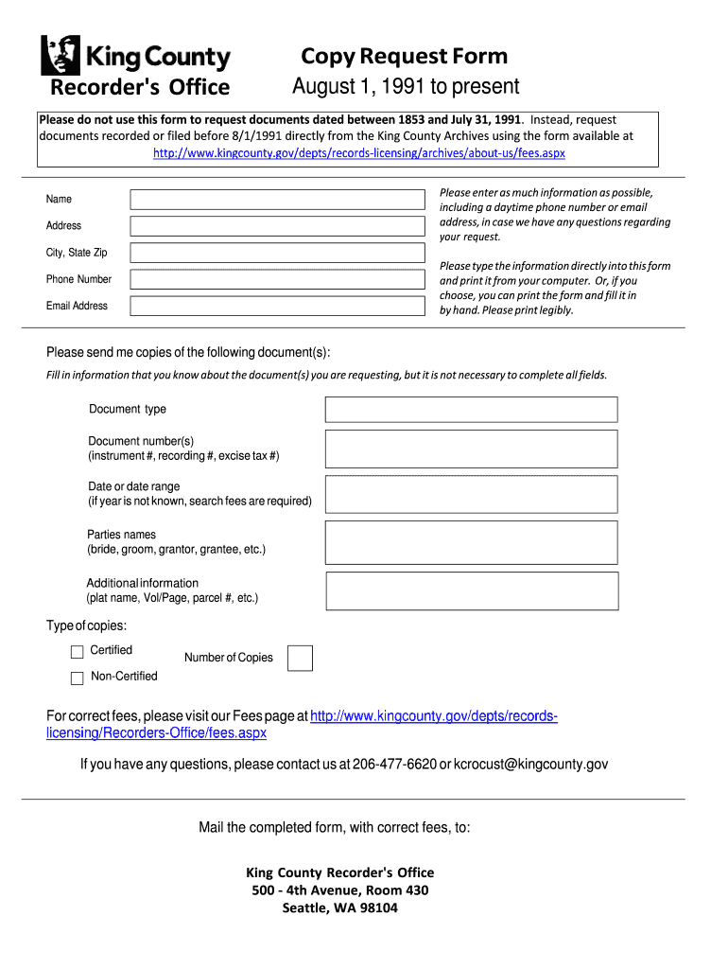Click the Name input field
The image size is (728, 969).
[277, 199]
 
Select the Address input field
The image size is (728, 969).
[277, 226]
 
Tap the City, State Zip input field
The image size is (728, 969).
[277, 253]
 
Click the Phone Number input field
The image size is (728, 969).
[277, 279]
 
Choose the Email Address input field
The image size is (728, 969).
[277, 306]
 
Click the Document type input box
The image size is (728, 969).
[471, 409]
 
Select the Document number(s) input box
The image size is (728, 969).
[471, 449]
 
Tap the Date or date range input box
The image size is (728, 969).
[471, 494]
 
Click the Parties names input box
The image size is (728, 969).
[471, 542]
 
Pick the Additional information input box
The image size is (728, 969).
[472, 590]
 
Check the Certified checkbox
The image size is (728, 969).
[78, 652]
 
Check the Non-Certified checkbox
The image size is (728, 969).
[78, 678]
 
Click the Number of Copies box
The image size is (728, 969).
[300, 658]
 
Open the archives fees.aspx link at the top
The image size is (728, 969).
[359, 152]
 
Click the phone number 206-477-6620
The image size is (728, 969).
[394, 765]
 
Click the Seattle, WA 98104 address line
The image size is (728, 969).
[339, 908]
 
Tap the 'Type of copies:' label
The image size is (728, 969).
[86, 625]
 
